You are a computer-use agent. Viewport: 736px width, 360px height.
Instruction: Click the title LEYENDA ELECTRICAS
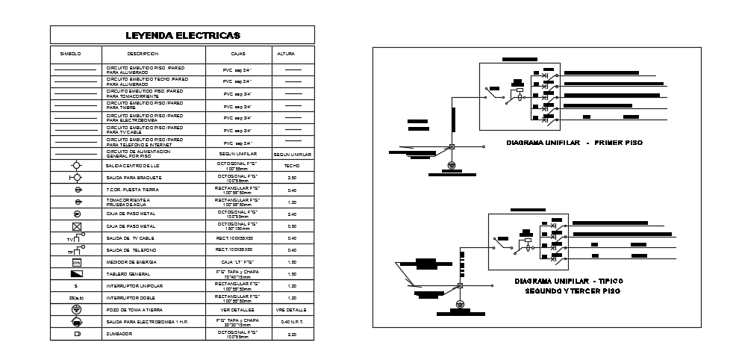click(x=182, y=35)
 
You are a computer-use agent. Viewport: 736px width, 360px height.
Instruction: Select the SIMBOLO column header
click(x=70, y=54)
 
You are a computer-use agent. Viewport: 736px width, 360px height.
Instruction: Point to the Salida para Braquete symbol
click(x=75, y=178)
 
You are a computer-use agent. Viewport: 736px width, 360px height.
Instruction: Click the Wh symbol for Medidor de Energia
click(x=75, y=262)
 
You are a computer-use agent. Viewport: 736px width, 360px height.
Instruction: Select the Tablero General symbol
click(x=75, y=274)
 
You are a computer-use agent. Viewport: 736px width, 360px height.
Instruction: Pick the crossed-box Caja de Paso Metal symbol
click(x=75, y=226)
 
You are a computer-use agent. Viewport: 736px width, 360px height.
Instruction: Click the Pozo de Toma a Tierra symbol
click(x=75, y=309)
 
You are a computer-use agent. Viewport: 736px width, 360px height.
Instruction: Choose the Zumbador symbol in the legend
click(x=75, y=334)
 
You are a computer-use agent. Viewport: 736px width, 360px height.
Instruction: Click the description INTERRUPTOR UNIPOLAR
click(x=134, y=286)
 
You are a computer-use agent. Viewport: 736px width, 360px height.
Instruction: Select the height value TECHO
click(x=293, y=165)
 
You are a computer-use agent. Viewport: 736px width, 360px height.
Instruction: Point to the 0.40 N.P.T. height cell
click(x=293, y=321)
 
